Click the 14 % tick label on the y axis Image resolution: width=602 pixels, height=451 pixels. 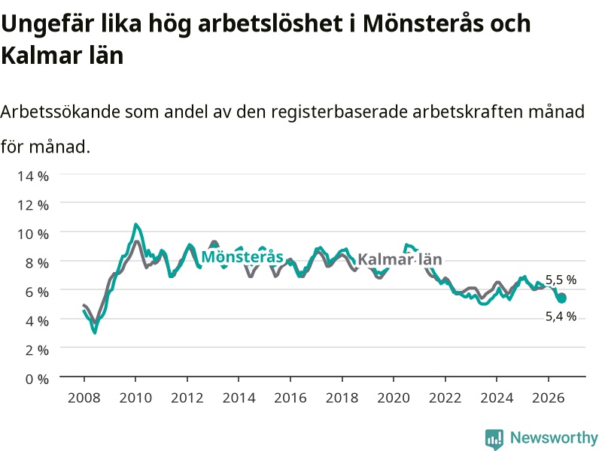point(33,176)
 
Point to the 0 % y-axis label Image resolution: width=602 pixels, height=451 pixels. point(37,379)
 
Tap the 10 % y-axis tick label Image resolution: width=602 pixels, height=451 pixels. point(33,234)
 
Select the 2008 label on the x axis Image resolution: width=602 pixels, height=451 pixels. point(84,398)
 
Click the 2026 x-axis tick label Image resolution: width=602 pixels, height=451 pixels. point(549,398)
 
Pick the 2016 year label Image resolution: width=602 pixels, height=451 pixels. point(290,398)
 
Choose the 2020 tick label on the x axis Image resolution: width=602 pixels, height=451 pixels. point(394,398)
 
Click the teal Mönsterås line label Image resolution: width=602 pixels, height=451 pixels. point(242,256)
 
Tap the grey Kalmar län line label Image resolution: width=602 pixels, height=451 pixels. point(400,259)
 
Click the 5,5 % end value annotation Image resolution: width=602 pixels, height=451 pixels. point(561,280)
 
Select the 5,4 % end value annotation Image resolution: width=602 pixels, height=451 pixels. point(561,316)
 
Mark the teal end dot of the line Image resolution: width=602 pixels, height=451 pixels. point(561,298)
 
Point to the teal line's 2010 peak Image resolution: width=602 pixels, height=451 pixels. point(135,224)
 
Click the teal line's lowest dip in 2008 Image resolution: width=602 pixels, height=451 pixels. point(95,332)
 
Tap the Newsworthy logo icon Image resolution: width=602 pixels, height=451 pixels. point(494,438)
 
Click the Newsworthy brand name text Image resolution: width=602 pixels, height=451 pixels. point(554,437)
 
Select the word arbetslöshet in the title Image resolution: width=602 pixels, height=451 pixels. point(270,23)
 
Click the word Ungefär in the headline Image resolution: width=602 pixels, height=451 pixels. point(47,24)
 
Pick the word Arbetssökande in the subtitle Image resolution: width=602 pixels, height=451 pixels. point(60,112)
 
